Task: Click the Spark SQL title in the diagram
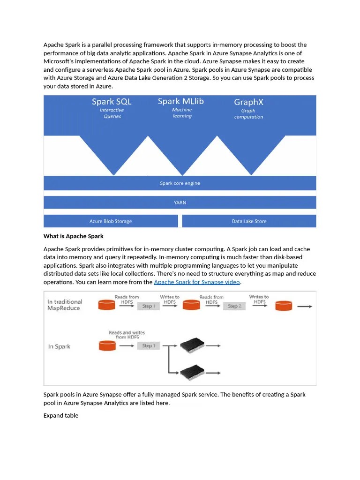(112, 102)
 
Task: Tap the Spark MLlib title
(180, 101)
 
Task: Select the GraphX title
(248, 102)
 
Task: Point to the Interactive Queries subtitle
(112, 113)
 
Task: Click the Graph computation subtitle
(248, 114)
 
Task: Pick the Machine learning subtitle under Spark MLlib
(182, 113)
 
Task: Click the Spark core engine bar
(180, 183)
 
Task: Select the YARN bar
(180, 202)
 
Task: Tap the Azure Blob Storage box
(111, 221)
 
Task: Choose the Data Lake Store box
(249, 221)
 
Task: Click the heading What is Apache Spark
(74, 236)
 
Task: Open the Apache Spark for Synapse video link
(197, 282)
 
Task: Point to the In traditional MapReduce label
(64, 305)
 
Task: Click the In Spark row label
(59, 347)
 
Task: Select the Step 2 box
(234, 306)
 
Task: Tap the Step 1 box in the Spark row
(149, 346)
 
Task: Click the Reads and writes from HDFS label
(127, 335)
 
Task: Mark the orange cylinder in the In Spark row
(107, 346)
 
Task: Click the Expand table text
(61, 416)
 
